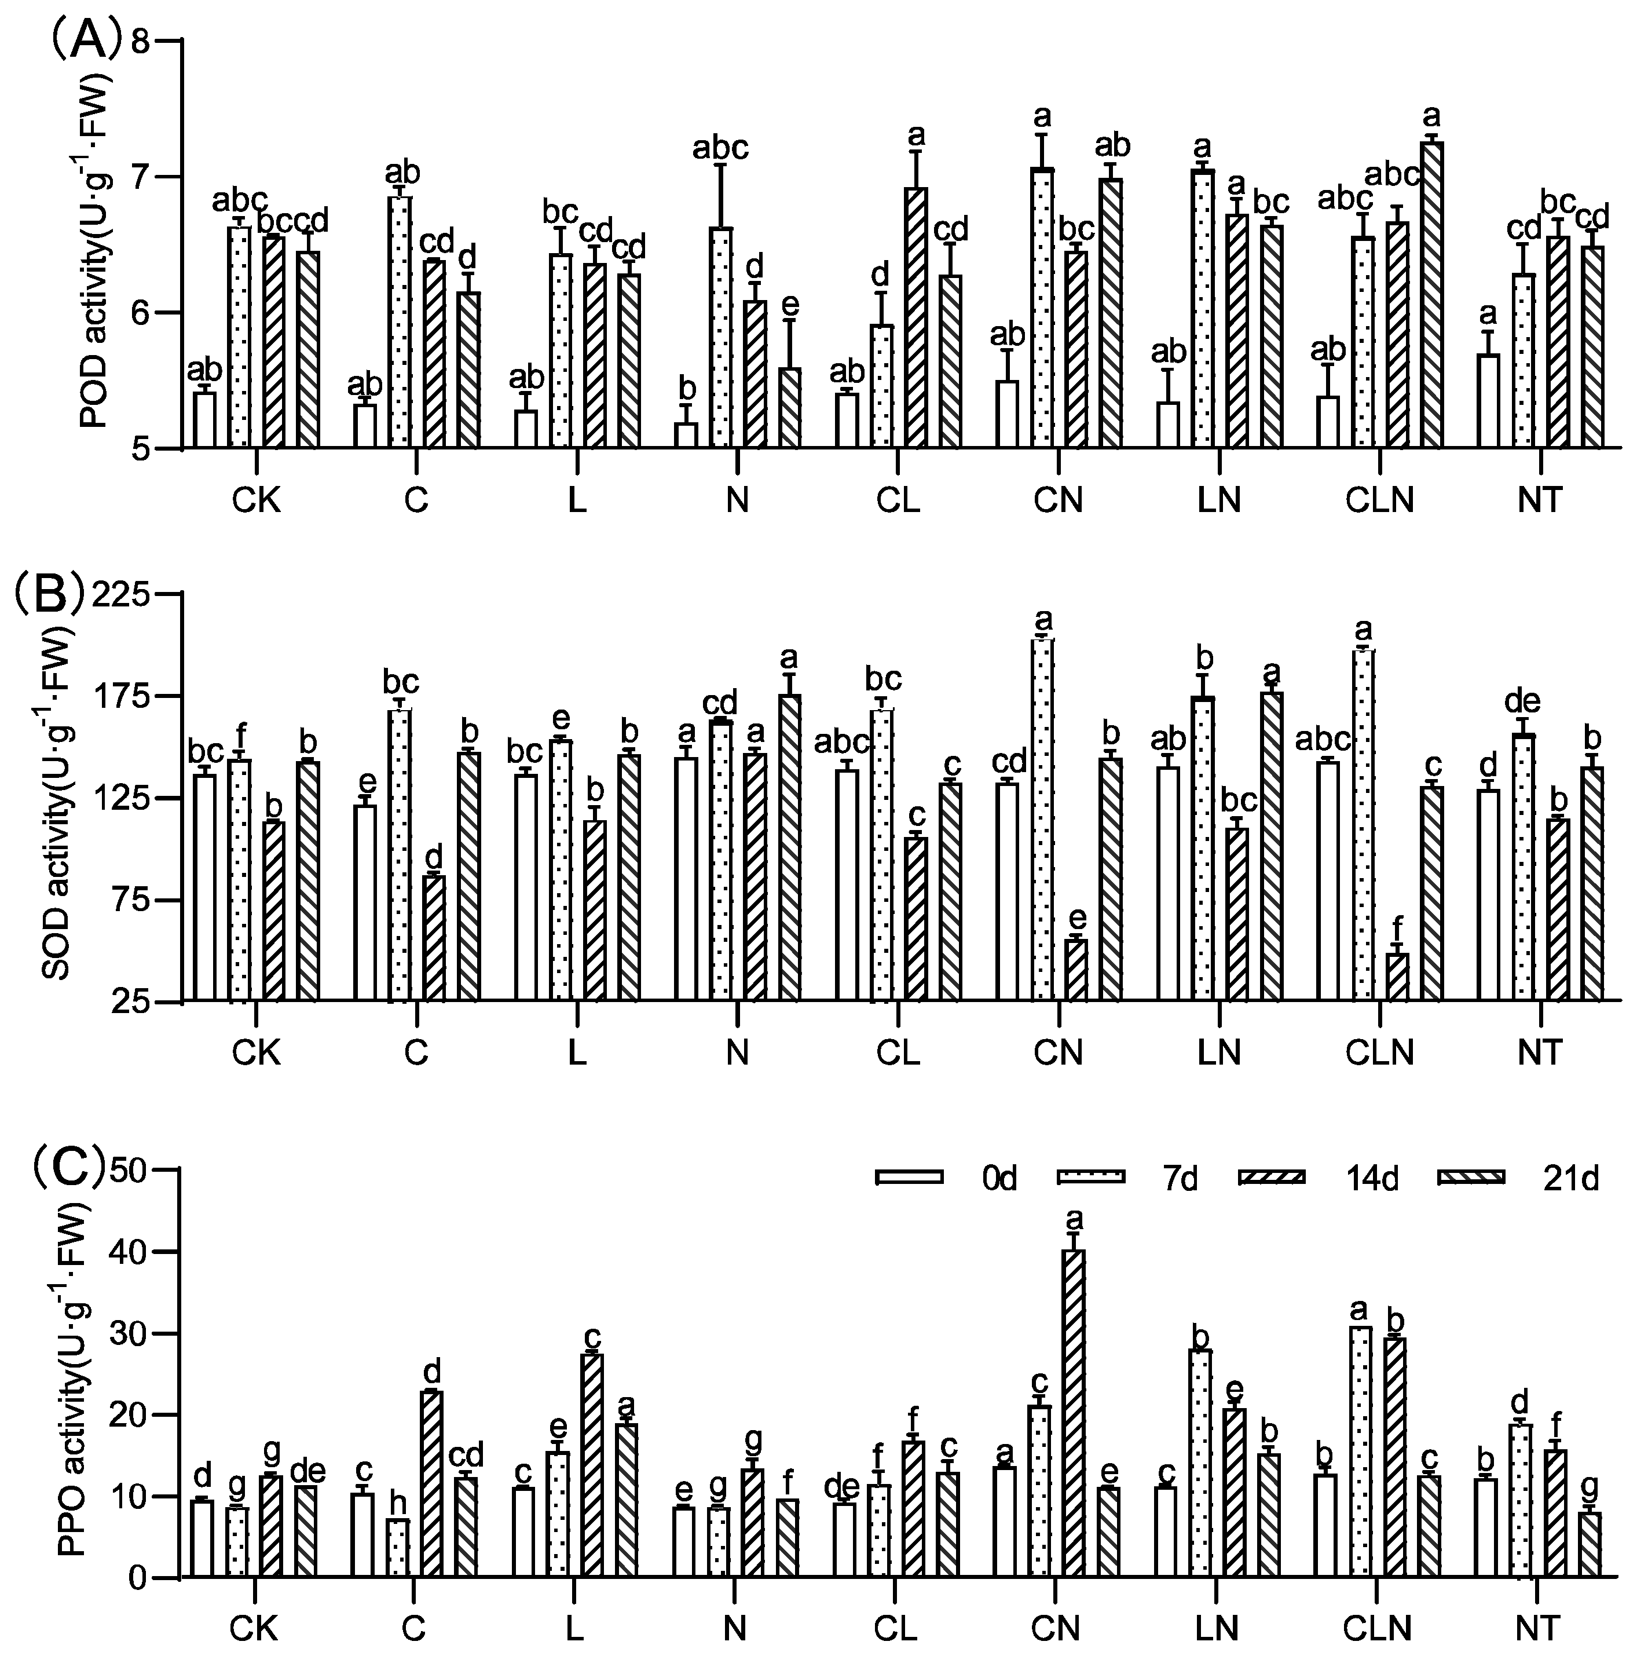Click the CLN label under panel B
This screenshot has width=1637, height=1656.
[x=1379, y=1051]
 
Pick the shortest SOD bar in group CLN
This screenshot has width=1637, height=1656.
[x=1398, y=977]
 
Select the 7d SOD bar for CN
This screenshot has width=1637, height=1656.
[x=1043, y=818]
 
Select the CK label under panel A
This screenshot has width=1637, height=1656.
[x=257, y=500]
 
